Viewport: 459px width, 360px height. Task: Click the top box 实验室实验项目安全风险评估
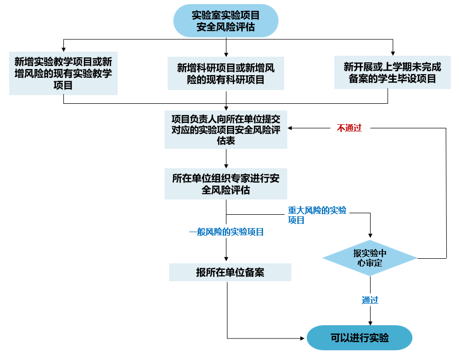[226, 21]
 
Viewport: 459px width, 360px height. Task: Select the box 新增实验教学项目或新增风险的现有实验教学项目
[63, 73]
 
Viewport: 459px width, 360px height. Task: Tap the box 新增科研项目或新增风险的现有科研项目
[226, 73]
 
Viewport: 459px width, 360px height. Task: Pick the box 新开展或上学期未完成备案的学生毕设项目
[392, 72]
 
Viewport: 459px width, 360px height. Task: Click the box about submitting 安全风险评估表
[226, 129]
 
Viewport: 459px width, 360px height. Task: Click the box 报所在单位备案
[230, 272]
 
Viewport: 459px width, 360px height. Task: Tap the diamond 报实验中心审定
[370, 258]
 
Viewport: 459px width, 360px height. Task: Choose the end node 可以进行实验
[359, 338]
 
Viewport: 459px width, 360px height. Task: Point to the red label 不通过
[349, 128]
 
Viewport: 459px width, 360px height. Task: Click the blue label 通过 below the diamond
[370, 300]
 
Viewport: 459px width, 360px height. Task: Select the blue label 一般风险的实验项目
[226, 232]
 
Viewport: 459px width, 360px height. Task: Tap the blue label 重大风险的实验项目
[317, 215]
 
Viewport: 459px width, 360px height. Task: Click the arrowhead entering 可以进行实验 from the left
[303, 338]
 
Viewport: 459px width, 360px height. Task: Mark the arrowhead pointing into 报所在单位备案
[226, 260]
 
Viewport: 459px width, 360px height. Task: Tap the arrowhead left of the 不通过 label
[291, 128]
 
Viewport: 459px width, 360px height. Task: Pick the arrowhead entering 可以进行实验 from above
[370, 322]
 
